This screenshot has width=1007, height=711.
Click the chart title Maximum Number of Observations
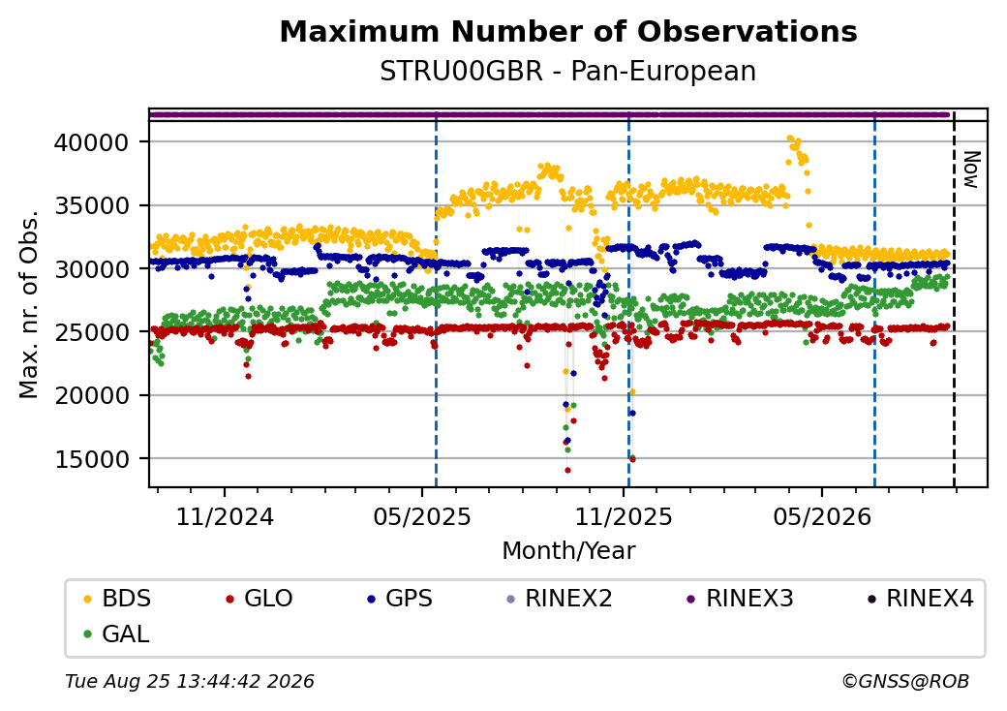568,31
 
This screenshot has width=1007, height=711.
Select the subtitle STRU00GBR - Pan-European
567,72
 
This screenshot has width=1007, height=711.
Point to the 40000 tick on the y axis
93,142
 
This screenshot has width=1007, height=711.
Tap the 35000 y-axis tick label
93,205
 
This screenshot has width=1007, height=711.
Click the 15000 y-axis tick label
93,459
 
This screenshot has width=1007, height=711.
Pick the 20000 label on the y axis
93,395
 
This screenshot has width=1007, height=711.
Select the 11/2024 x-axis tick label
225,517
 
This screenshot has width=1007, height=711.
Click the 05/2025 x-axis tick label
422,517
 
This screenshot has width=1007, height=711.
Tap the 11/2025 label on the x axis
623,517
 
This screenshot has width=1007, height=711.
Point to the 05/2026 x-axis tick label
822,517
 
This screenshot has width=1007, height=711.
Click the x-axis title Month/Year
568,551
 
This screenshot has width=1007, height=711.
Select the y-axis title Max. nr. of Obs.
29,304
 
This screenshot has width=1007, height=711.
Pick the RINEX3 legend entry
740,599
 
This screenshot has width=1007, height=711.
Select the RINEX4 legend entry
920,599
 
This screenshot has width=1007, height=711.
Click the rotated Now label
972,170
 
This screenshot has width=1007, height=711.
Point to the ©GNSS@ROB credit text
905,681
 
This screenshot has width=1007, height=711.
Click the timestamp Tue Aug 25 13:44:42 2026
190,681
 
